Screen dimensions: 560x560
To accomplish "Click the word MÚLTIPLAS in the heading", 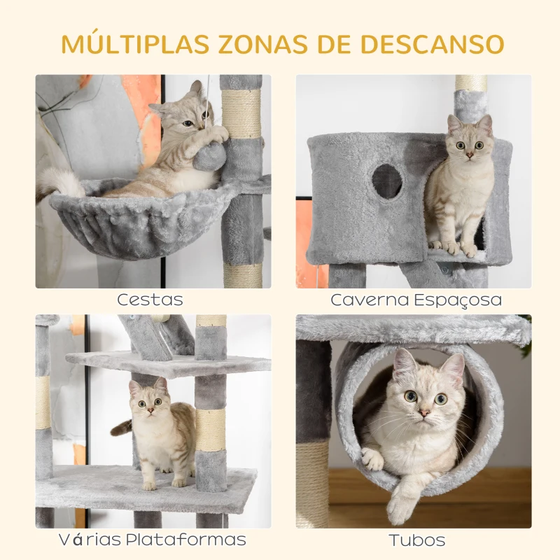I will tap(135, 44).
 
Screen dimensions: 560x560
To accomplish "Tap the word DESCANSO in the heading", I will tap(432, 44).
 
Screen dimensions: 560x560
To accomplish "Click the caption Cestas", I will tap(150, 300).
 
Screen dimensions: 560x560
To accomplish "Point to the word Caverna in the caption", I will tap(370, 300).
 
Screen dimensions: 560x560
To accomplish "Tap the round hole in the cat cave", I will tap(387, 181).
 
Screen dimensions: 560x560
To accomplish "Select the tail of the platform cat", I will tap(120, 427).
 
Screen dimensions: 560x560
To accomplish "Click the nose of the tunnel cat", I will tap(424, 413).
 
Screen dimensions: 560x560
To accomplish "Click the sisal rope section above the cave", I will tap(470, 83).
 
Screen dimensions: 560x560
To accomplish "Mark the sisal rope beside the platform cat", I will tap(211, 429).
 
